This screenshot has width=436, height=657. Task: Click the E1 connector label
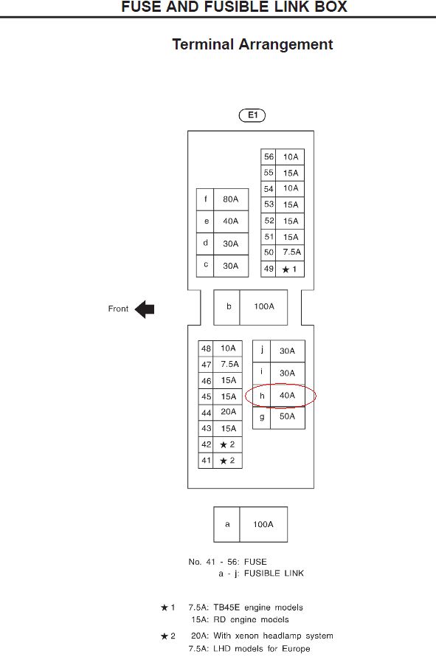pos(252,115)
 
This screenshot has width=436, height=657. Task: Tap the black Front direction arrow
pos(145,309)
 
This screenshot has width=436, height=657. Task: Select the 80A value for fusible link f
pos(230,199)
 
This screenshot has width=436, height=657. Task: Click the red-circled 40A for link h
pos(287,395)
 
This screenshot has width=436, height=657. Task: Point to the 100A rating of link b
pos(264,306)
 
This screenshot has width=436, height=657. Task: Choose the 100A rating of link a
pos(263,524)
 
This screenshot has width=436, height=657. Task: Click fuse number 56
pos(269,156)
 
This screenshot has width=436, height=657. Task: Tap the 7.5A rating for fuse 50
pos(291,252)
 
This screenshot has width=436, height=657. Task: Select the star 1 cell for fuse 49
pos(289,269)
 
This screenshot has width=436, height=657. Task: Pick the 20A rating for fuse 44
pos(228,412)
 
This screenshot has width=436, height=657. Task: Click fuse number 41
pos(206,461)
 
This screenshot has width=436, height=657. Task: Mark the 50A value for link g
pos(287,416)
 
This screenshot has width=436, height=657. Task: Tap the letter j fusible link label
pos(262,349)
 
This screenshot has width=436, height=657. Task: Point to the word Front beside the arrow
pos(118,309)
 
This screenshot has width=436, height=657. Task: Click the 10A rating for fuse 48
pos(228,348)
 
